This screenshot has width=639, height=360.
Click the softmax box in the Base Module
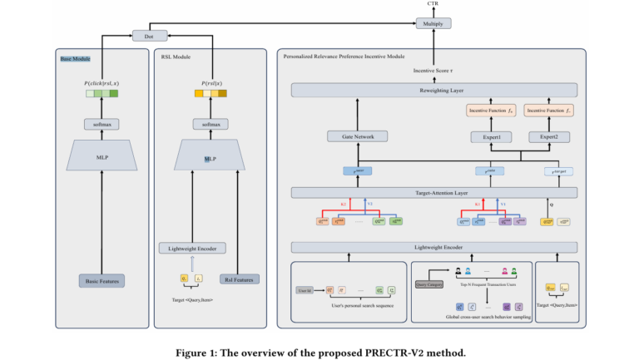pyautogui.click(x=102, y=123)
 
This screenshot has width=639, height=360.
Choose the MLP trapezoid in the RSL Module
pyautogui.click(x=210, y=158)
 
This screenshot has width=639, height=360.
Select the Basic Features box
pyautogui.click(x=102, y=281)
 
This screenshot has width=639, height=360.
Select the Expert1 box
pyautogui.click(x=490, y=135)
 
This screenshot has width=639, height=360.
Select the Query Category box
pyautogui.click(x=428, y=284)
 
